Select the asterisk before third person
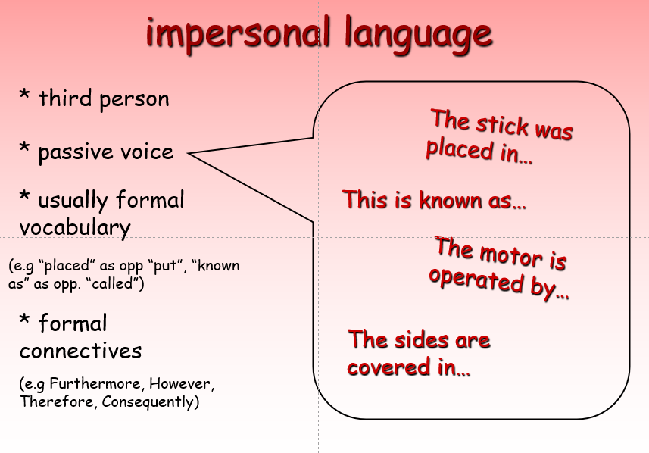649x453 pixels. click(24, 95)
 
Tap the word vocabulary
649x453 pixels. click(75, 228)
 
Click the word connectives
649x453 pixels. click(81, 351)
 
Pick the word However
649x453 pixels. click(182, 384)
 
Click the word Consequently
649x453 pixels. click(148, 402)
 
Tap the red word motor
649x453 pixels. click(512, 255)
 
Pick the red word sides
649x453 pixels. click(421, 340)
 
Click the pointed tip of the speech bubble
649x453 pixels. click(188, 153)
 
